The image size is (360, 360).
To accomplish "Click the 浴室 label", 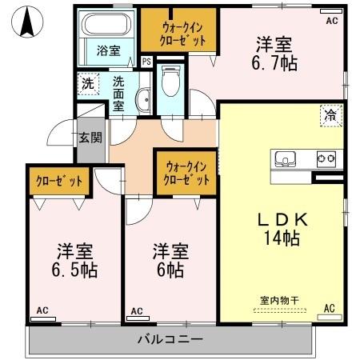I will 109,50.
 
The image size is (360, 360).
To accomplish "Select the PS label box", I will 146,61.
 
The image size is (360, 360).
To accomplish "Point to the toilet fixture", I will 169,85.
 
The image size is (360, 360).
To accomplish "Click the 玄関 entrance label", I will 90,137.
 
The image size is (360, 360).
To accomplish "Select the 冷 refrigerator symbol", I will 328,114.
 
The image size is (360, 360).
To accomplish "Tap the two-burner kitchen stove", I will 326,158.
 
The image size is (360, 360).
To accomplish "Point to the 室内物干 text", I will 279,300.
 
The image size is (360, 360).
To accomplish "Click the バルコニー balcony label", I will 170,339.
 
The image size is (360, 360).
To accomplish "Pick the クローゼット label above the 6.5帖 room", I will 59,181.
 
